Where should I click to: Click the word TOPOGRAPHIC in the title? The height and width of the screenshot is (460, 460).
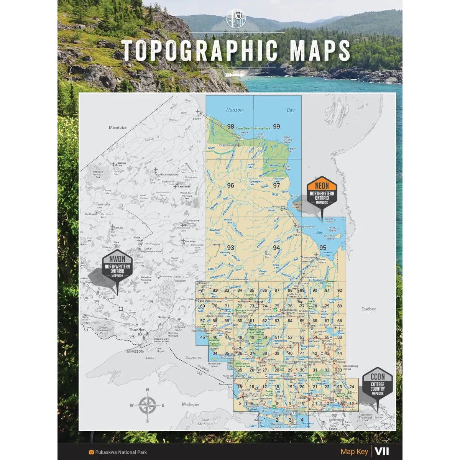click(x=199, y=50)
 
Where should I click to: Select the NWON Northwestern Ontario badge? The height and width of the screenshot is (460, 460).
click(x=117, y=267)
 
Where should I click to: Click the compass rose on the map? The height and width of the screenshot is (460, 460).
click(x=147, y=405)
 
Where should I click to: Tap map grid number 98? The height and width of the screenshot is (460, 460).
click(x=230, y=127)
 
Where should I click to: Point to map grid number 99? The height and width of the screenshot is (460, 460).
click(x=276, y=127)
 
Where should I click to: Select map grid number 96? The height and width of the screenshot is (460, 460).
click(x=230, y=186)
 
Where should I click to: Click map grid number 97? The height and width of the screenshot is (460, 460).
click(x=276, y=186)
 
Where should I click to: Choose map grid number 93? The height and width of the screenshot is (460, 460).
click(x=230, y=248)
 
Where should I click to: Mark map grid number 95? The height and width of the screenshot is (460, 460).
click(x=322, y=248)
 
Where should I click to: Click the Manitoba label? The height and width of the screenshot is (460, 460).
click(x=117, y=127)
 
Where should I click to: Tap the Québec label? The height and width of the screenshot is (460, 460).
click(x=369, y=309)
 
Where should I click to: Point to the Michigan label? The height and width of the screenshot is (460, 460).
click(x=190, y=404)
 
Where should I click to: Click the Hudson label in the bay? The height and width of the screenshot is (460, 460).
click(x=234, y=110)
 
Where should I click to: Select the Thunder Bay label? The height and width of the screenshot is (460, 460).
click(x=137, y=332)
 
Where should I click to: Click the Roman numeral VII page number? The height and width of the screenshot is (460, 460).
click(x=382, y=452)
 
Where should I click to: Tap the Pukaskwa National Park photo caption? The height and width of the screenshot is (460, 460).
click(x=121, y=452)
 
